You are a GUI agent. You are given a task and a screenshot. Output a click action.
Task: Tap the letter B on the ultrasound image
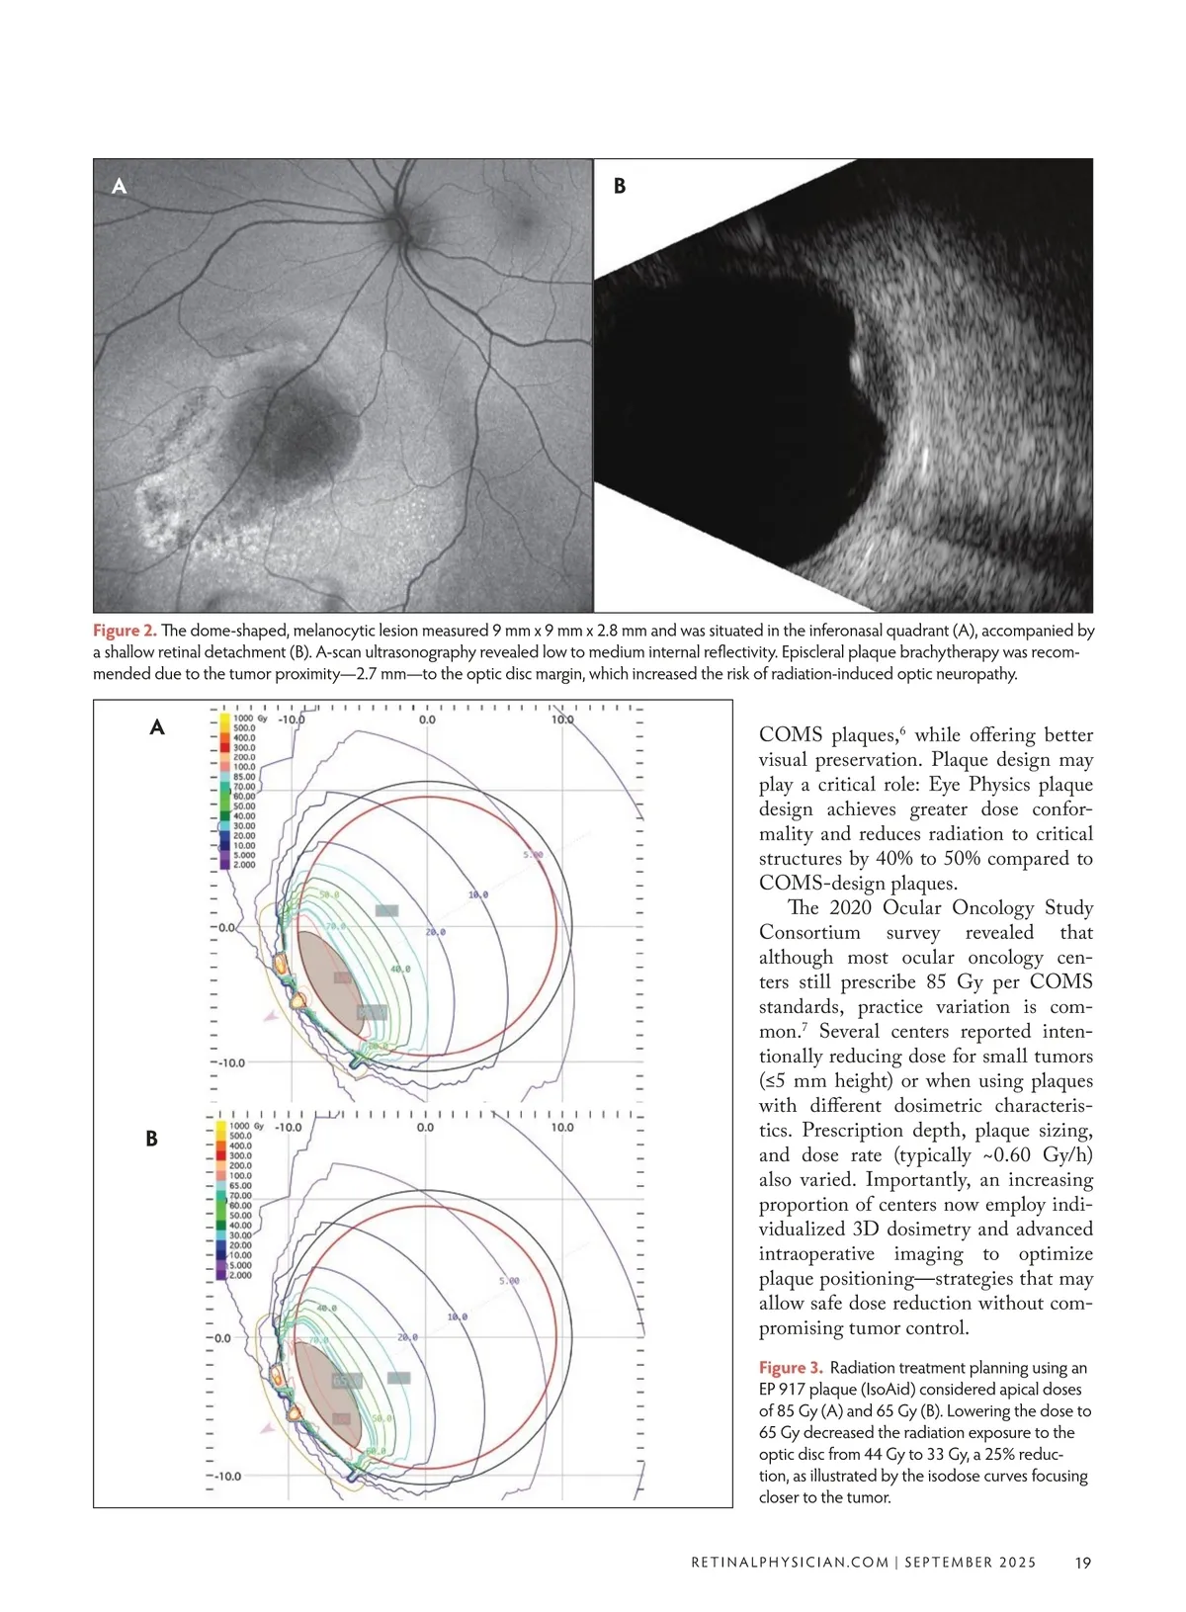tap(620, 186)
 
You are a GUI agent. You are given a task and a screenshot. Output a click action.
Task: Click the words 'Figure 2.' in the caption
tap(125, 631)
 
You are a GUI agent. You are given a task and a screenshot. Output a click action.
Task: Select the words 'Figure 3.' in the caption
tap(791, 1368)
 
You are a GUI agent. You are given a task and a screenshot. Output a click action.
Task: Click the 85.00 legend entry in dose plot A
tap(243, 777)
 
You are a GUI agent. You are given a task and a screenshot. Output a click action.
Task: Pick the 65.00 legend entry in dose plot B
tap(240, 1185)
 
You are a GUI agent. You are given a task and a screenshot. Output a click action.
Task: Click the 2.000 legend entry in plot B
tap(240, 1275)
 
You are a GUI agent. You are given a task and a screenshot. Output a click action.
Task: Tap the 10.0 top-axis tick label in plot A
tap(561, 720)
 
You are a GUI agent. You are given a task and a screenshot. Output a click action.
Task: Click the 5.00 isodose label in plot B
tap(509, 1281)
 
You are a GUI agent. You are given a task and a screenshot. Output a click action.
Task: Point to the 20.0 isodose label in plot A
tap(435, 932)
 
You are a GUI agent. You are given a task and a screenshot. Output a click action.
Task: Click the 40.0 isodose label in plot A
tap(399, 970)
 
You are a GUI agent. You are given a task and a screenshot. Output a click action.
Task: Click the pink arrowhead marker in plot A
tap(268, 1015)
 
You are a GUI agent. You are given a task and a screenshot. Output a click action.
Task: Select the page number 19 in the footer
tap(1083, 1563)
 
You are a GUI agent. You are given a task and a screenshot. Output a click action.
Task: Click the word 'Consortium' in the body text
tap(809, 933)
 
